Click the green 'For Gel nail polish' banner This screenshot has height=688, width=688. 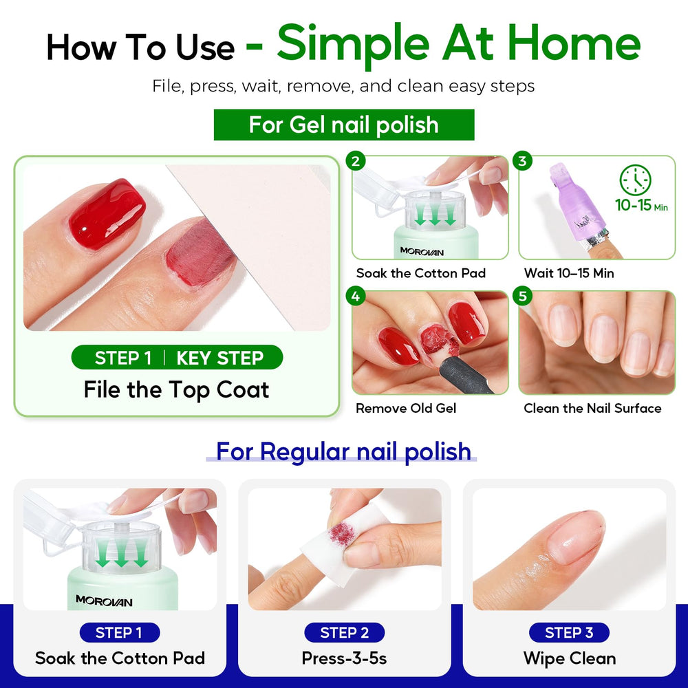344,125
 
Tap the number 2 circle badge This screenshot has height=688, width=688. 356,161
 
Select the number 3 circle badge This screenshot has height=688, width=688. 522,161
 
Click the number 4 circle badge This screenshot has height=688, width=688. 356,296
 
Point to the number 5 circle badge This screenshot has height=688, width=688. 522,296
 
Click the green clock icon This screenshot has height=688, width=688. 635,180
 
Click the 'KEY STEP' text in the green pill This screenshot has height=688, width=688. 220,358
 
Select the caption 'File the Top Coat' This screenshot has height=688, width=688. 176,390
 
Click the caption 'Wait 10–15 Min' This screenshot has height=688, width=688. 569,273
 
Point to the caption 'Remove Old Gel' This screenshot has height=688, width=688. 406,409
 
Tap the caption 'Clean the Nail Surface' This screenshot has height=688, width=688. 592,409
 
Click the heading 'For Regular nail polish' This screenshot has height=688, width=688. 343,451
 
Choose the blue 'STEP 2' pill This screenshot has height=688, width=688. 345,633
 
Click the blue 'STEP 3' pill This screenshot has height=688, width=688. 569,633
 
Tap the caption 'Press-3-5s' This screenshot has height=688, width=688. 345,658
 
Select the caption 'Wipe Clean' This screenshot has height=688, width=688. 570,658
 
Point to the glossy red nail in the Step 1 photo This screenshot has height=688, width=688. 107,214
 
